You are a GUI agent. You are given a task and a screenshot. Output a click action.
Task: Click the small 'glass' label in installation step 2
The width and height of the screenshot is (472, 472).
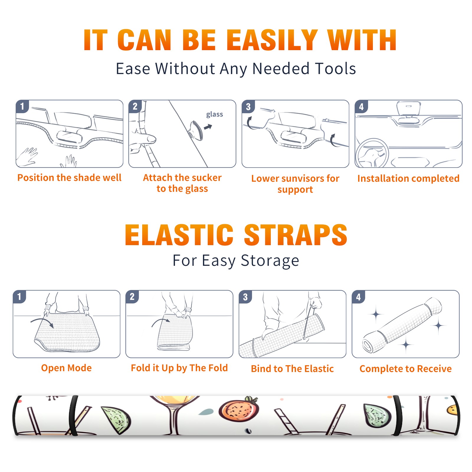(x=214, y=114)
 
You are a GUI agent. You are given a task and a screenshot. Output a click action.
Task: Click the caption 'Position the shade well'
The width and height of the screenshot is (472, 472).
(x=69, y=178)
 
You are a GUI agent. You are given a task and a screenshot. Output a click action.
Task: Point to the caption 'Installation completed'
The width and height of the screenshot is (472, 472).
(x=408, y=178)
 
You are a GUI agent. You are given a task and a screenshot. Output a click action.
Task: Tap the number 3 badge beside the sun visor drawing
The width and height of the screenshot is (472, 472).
(x=248, y=106)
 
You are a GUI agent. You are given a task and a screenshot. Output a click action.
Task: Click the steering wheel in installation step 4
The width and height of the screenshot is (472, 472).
(x=372, y=153)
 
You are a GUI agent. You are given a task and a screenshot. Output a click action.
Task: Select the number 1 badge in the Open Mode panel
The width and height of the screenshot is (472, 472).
(x=19, y=296)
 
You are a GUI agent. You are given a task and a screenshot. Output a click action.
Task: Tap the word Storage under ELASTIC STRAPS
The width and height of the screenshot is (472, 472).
(x=270, y=261)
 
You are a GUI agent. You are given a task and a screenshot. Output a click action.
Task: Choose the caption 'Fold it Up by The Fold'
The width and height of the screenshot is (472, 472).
(x=179, y=368)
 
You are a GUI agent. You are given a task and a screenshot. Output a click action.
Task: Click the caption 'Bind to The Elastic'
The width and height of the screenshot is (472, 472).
(x=292, y=369)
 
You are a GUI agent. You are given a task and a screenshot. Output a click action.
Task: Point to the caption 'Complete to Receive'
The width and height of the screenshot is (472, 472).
(x=406, y=369)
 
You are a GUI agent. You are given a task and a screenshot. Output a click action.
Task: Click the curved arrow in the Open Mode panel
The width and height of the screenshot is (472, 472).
(x=42, y=321)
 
